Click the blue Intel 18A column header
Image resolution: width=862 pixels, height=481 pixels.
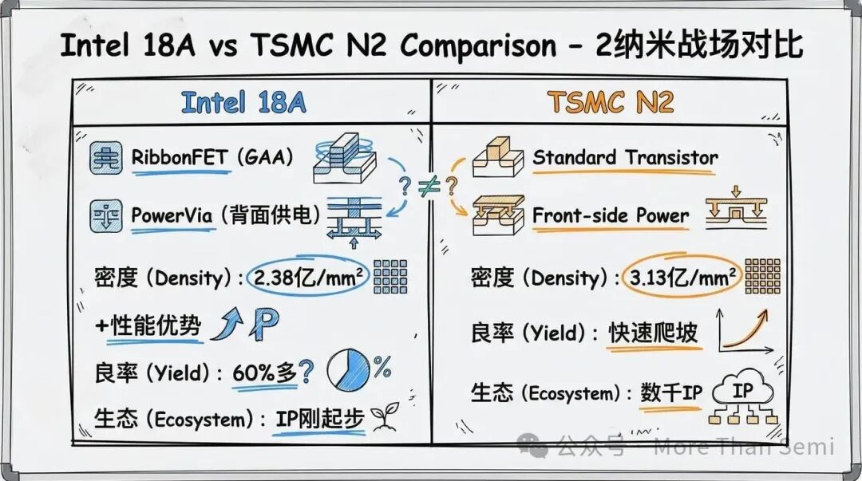[x=243, y=102]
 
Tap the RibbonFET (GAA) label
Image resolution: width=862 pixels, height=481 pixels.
[x=212, y=156]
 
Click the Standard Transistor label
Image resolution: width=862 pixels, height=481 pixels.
[x=625, y=158]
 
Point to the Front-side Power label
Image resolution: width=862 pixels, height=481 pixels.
[x=611, y=215]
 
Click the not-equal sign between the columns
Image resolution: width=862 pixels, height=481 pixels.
[x=429, y=186]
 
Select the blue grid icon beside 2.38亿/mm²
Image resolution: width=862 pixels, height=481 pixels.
[x=390, y=277]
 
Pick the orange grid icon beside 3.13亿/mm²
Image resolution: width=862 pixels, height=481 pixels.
[x=762, y=276]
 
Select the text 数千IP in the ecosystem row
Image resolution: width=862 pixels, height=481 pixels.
[x=670, y=392]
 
